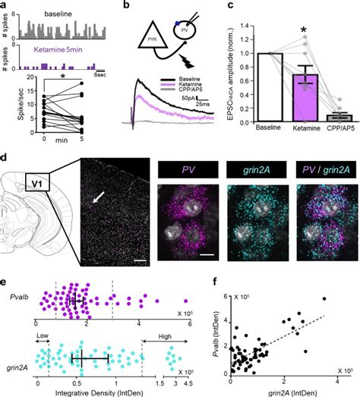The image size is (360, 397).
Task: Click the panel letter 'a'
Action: [5, 6]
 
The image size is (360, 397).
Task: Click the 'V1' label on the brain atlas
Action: [34, 181]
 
